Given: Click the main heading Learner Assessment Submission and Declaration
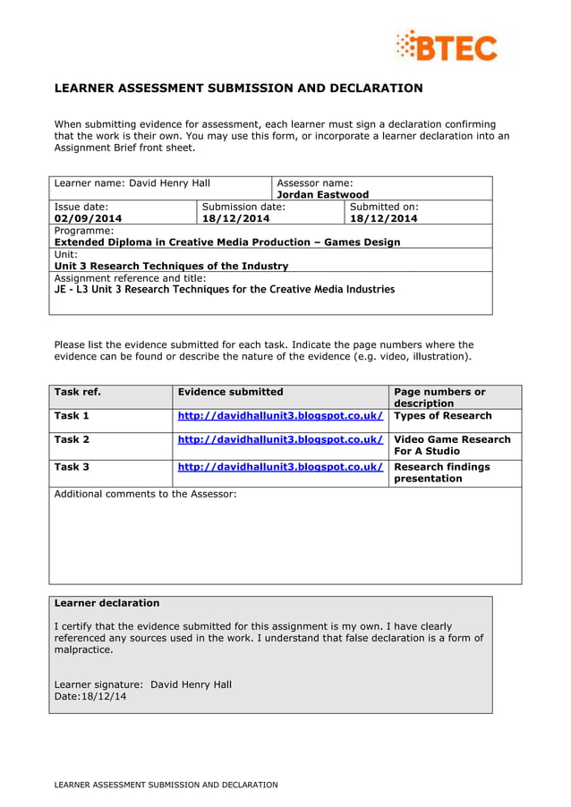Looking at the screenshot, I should [x=238, y=89].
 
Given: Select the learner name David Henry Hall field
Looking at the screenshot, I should [x=132, y=183].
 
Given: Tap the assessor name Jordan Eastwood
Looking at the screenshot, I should [x=322, y=195].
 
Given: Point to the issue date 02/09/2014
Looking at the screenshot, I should [x=88, y=218].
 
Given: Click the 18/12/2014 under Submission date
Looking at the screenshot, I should [x=235, y=218].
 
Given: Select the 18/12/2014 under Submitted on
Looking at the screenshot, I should [x=383, y=218].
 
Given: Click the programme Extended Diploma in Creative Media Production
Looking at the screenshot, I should [x=227, y=242].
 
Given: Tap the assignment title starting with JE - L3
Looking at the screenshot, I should [x=224, y=289].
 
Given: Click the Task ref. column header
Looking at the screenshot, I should [x=78, y=392].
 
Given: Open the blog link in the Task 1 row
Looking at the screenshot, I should [x=280, y=416].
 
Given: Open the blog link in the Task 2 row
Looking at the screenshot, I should [x=280, y=439].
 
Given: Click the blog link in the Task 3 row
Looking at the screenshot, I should [x=280, y=467].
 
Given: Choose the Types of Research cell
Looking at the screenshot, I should [x=443, y=416].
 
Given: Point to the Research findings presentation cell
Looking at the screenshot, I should [x=442, y=472].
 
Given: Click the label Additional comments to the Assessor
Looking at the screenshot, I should [x=146, y=494].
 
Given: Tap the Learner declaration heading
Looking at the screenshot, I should [x=107, y=603].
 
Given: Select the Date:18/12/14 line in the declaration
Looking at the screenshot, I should [x=90, y=696].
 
